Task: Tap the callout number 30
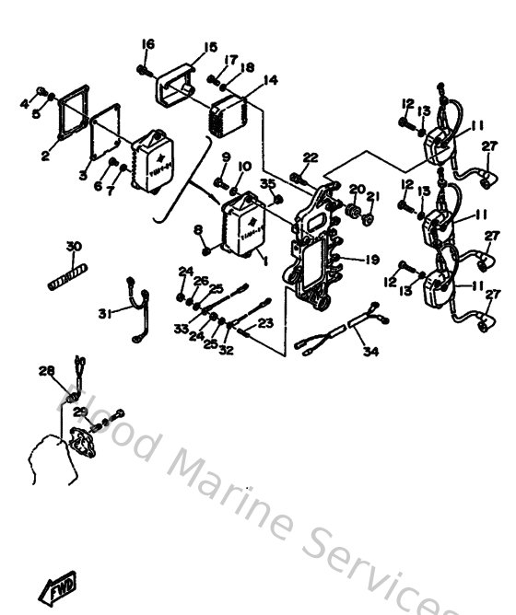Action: (74, 246)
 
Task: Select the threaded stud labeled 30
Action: (66, 275)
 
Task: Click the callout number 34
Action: (370, 350)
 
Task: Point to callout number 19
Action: (371, 261)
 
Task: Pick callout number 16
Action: (148, 44)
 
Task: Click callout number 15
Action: (210, 47)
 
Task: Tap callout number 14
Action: (270, 80)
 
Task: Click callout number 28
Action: (45, 371)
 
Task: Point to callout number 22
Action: (310, 157)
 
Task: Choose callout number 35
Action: (268, 185)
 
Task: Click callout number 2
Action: (44, 156)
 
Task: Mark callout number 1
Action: (267, 261)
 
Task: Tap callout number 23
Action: (266, 322)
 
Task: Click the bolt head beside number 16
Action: (142, 68)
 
